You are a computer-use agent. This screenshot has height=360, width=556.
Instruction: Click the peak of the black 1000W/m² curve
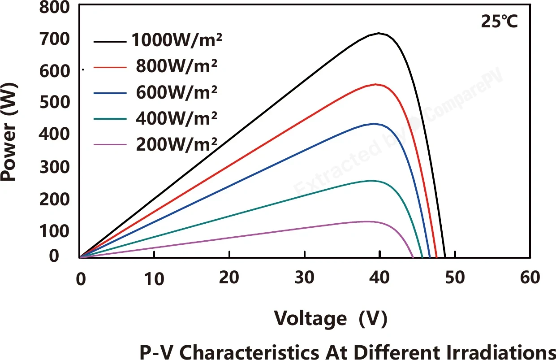tap(379, 33)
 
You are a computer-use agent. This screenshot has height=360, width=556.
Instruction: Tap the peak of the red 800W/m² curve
tap(375, 84)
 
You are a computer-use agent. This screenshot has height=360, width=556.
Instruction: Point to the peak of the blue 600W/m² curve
tap(374, 124)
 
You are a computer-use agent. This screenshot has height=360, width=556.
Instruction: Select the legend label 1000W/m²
tap(177, 40)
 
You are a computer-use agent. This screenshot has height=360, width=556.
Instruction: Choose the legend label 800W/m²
tap(177, 66)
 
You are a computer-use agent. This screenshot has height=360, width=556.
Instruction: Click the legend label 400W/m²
tap(177, 118)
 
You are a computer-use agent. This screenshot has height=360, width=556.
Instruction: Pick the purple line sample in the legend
tap(110, 145)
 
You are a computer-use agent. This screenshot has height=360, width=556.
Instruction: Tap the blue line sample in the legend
tap(110, 93)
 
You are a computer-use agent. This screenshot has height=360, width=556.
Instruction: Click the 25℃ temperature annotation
tap(500, 22)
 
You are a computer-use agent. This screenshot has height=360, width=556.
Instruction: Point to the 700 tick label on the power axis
tap(54, 39)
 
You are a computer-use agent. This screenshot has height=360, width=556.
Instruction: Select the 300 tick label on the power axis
tap(54, 167)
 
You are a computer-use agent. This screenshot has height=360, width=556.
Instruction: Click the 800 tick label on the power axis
tap(54, 7)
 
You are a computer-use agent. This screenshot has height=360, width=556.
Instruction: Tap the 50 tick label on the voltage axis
tap(455, 277)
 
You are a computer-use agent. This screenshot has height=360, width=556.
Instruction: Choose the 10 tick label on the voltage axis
tap(154, 278)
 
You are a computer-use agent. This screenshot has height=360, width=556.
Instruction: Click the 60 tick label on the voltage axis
tap(530, 277)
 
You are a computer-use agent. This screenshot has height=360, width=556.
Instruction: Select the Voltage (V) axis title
tap(331, 319)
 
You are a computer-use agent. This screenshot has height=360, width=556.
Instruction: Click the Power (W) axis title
tap(9, 132)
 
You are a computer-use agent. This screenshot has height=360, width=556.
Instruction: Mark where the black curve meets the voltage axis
tap(445, 257)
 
